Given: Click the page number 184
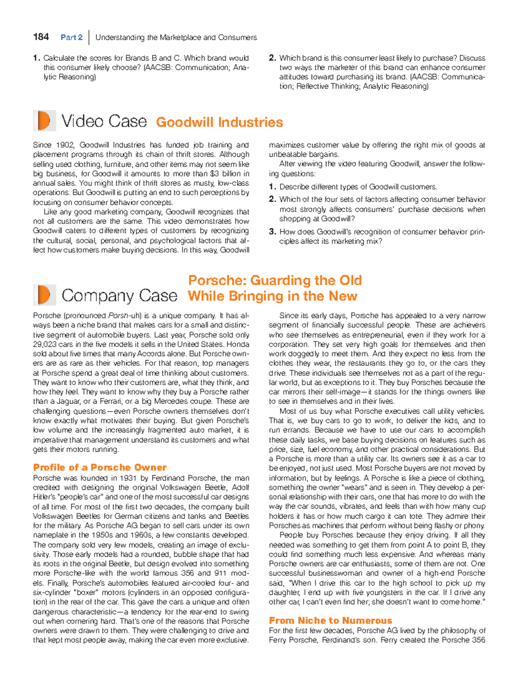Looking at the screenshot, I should (x=41, y=37).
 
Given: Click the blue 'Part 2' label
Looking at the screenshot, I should (x=72, y=38).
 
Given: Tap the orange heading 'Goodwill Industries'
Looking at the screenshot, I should (x=219, y=122).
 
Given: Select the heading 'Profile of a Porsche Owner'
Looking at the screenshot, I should (x=100, y=467).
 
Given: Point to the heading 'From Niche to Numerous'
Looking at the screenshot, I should (x=330, y=620).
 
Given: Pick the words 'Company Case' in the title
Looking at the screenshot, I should (x=119, y=296).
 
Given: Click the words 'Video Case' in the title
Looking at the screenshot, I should (x=104, y=121).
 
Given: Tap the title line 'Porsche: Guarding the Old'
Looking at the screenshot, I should (x=275, y=280).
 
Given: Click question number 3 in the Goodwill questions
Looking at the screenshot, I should (x=272, y=232).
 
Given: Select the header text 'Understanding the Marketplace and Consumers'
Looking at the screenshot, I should (x=176, y=38).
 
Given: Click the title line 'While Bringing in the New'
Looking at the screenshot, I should (x=272, y=296).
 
